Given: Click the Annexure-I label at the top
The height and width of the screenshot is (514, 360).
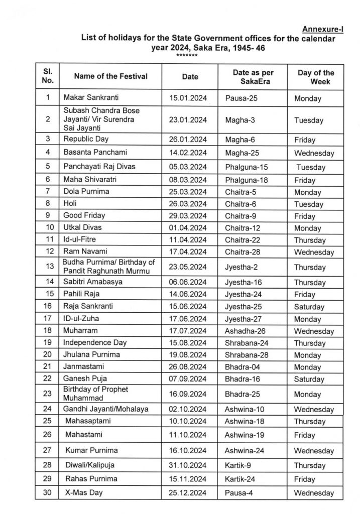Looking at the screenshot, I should point(324,29).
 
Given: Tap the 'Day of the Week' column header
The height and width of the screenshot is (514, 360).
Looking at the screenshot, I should point(315,76).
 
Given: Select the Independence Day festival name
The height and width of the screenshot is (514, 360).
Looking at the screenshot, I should point(95,343).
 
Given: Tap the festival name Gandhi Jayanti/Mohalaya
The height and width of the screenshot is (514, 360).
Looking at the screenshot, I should point(106,409).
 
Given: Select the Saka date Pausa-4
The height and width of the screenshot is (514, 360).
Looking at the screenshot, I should point(239,493).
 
